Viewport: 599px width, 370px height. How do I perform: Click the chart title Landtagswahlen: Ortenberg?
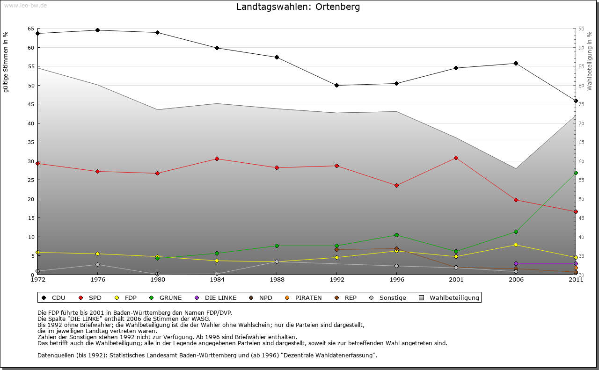(298, 7)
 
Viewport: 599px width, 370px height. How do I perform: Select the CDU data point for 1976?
(97, 30)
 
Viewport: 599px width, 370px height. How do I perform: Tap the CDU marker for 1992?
(337, 85)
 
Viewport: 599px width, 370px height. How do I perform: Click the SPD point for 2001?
(456, 158)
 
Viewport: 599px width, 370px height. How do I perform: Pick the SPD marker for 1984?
(217, 159)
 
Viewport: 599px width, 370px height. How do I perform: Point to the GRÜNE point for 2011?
(576, 173)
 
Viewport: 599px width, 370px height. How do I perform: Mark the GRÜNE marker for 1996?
(396, 235)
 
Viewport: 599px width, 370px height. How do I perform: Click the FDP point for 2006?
(516, 245)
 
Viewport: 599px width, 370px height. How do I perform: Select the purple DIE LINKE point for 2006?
(516, 263)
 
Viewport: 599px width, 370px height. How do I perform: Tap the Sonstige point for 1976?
(97, 264)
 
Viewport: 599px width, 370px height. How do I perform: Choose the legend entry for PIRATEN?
(304, 297)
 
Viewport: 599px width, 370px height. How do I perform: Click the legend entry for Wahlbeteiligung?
(449, 297)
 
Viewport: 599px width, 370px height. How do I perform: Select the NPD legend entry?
(262, 297)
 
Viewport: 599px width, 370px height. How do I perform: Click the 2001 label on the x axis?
(456, 280)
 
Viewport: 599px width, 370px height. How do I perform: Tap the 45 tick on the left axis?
(31, 104)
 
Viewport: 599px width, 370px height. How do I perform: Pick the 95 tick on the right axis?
(582, 29)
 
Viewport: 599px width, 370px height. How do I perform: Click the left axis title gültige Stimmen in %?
(6, 62)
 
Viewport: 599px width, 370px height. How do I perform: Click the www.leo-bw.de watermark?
(25, 5)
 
